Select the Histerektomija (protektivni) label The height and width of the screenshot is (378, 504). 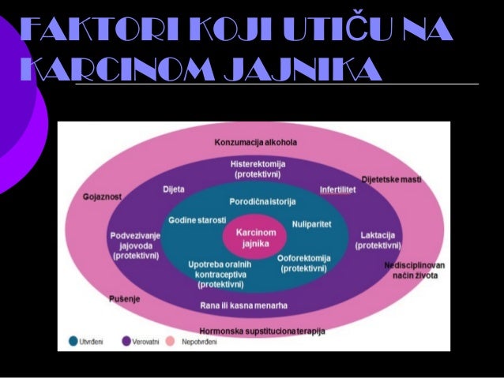pyautogui.click(x=254, y=167)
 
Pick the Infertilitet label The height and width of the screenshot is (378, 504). pyautogui.click(x=337, y=190)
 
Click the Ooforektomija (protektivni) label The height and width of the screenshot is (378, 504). pyautogui.click(x=303, y=263)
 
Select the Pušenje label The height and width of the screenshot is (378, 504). pyautogui.click(x=121, y=299)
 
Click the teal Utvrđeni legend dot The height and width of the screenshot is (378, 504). pyautogui.click(x=73, y=341)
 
